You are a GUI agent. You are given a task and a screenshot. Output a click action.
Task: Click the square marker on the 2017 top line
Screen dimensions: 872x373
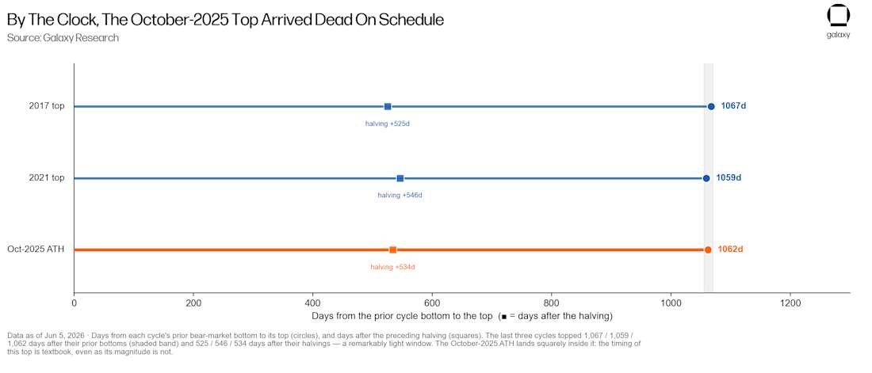tap(388, 106)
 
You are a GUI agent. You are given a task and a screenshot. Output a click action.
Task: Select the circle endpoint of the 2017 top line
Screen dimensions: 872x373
tap(711, 106)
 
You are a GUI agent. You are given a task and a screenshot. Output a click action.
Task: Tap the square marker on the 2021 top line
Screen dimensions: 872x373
tap(400, 178)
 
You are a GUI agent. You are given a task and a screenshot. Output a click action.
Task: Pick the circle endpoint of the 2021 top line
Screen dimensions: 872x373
tap(706, 178)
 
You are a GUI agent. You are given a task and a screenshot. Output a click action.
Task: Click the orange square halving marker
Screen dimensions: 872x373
tap(392, 249)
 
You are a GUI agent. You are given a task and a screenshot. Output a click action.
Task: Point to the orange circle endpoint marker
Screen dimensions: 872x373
tap(708, 249)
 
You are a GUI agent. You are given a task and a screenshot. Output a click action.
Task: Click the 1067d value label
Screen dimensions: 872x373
tap(733, 106)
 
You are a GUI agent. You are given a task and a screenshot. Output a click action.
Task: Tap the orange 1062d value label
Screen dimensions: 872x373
tap(731, 249)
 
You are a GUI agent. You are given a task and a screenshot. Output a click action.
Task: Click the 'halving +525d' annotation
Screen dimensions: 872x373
tap(388, 124)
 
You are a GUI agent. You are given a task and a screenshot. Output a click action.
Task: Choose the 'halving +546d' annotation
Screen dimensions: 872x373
tap(400, 195)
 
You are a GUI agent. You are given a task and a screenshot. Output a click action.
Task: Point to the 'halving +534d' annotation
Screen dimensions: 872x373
tap(392, 267)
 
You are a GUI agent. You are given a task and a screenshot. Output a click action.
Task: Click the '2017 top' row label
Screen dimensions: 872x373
tap(47, 106)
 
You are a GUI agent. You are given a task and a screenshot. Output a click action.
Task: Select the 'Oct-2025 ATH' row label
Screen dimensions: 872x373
tap(36, 249)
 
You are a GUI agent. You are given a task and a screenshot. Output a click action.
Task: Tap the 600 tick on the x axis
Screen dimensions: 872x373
tap(432, 303)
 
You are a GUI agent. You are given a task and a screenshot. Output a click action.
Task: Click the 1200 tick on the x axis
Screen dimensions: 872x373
tap(790, 303)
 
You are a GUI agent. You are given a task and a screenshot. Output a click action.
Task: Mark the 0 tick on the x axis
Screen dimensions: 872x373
tap(74, 303)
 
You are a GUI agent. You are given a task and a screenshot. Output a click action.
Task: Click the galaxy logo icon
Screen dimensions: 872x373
tap(839, 16)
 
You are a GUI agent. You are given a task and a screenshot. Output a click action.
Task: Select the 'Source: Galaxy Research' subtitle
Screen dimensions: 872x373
tap(63, 38)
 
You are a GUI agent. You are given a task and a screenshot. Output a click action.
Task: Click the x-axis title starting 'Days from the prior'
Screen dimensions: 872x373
tap(461, 316)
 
